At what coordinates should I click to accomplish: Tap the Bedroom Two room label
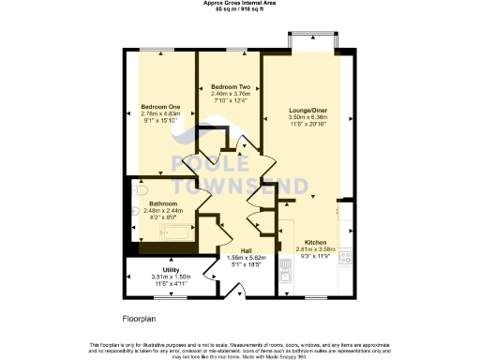tap(230, 85)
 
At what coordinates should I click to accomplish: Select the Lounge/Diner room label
tap(309, 110)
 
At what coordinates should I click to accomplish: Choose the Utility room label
tap(171, 270)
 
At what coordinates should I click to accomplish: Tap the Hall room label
tap(246, 250)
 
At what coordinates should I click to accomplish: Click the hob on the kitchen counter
tap(345, 255)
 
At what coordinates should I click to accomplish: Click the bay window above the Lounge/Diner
tap(309, 40)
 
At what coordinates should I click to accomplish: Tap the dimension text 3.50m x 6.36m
tap(309, 117)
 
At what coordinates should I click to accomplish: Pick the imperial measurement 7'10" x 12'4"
tap(230, 100)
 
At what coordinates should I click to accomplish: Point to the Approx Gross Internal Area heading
tap(239, 3)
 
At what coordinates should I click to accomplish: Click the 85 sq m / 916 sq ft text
tap(239, 9)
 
